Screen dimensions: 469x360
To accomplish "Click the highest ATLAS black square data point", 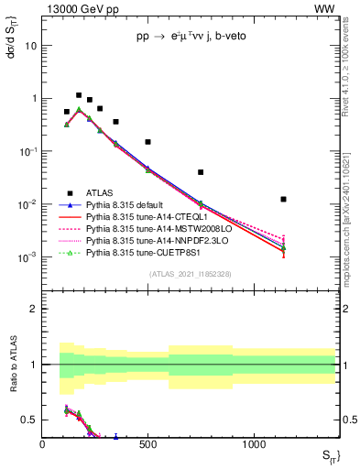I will coord(79,95).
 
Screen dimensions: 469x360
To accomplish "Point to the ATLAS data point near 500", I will coord(147,142).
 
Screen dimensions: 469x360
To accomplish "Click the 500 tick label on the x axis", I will coord(147,443).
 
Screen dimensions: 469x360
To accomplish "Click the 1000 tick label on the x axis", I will coord(253,443).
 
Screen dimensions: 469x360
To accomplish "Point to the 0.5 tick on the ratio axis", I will coord(32,420).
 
